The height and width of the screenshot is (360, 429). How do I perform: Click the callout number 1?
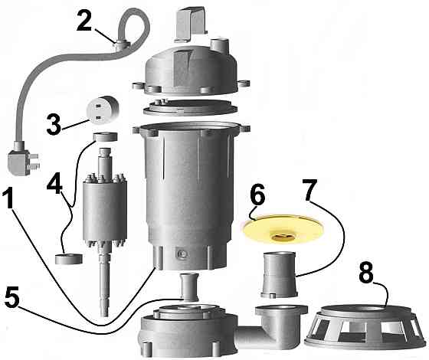(x=8, y=198)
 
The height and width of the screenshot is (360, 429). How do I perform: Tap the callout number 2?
(x=84, y=20)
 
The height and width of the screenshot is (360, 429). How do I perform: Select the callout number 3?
(x=54, y=124)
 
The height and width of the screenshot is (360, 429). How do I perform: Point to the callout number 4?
(x=54, y=183)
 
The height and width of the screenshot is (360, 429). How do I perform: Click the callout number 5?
(x=12, y=298)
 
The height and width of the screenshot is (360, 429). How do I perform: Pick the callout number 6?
(x=257, y=195)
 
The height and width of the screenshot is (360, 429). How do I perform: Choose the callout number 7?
(x=309, y=190)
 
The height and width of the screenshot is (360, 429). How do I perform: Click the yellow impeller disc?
(x=283, y=229)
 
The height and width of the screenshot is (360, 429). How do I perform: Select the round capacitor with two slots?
(x=102, y=110)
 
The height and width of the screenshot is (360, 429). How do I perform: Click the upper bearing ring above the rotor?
(x=106, y=137)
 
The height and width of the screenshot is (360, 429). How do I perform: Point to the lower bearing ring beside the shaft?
(x=69, y=259)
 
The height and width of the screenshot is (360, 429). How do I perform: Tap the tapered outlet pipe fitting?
(x=279, y=275)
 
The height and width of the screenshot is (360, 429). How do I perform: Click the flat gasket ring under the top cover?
(x=190, y=107)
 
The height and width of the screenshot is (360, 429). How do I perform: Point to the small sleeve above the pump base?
(x=188, y=286)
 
